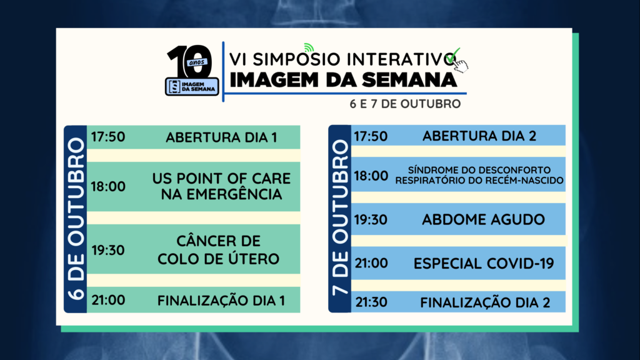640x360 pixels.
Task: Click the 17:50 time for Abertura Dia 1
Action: point(107,137)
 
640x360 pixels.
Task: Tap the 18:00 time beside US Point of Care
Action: point(107,186)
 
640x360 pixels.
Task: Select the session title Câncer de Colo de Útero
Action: point(218,250)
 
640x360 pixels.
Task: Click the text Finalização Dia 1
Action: point(221,301)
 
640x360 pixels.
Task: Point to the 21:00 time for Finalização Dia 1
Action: point(108,300)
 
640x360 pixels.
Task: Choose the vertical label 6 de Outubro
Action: point(76,219)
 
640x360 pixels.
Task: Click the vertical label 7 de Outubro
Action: point(340,217)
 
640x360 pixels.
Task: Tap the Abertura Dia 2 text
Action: point(479,136)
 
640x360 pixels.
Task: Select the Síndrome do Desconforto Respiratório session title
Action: point(479,175)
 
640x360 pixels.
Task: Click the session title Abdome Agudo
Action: point(483,219)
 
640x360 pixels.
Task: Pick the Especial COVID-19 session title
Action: point(484,263)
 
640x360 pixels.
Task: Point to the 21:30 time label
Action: point(371,302)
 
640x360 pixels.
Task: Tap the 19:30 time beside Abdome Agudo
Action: point(371,219)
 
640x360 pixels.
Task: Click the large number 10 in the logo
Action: point(190,61)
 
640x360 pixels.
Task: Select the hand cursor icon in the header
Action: point(461,65)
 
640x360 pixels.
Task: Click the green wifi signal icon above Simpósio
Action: point(309,47)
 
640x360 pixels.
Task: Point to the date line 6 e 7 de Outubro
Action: point(405,104)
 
